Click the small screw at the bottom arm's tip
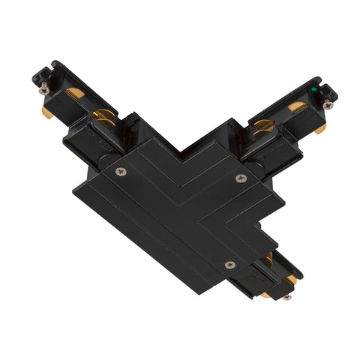(x=286, y=297)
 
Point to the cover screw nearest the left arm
(x=121, y=172)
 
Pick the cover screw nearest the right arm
(x=240, y=178)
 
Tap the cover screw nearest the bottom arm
(x=230, y=264)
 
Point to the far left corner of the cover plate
(x=73, y=191)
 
